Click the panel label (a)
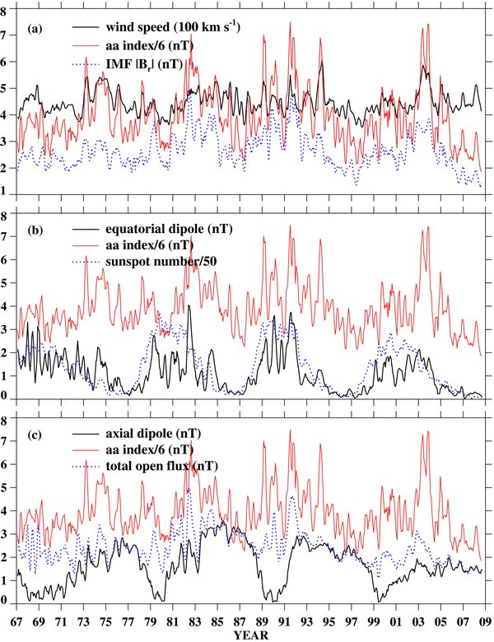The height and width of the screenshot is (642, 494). (x=35, y=28)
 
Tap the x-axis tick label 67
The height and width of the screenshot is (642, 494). (x=17, y=623)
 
